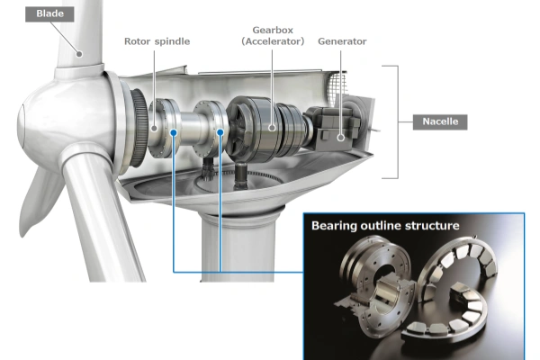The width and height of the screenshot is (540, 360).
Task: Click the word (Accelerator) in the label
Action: (x=272, y=40)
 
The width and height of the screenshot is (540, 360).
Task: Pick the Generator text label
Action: (x=341, y=40)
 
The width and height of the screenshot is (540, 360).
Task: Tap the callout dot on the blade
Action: (x=79, y=54)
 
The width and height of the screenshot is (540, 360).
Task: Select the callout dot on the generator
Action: (x=341, y=137)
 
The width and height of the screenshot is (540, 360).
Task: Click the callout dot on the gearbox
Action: (x=271, y=129)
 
